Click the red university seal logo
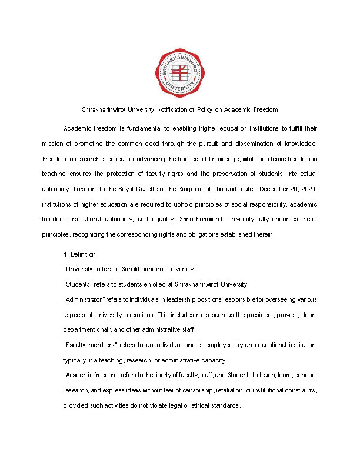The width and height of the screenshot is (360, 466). click(180, 73)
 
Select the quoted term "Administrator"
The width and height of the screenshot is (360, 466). click(83, 299)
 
